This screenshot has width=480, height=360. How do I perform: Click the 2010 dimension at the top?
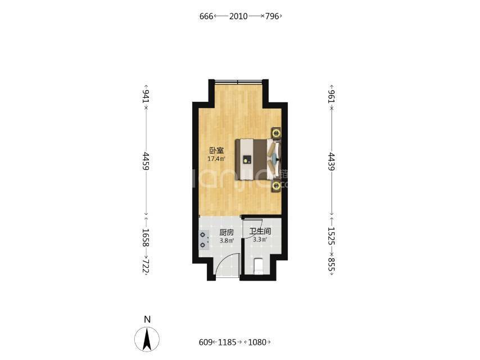(238, 16)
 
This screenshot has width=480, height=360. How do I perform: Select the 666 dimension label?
(206, 16)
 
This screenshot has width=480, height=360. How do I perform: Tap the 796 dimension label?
(272, 16)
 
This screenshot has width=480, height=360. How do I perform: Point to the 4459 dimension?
(146, 161)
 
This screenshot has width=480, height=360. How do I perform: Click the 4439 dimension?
(331, 161)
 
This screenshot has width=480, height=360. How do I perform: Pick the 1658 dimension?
(146, 238)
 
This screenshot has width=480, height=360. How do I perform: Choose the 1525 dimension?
(331, 236)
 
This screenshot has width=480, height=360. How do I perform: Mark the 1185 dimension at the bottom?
(227, 342)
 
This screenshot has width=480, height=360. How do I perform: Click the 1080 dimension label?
(257, 342)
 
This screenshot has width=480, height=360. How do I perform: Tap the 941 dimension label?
(146, 97)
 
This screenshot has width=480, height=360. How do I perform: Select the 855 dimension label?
(331, 264)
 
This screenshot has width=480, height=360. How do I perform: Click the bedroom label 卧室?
(216, 150)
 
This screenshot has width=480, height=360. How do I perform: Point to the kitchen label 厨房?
(227, 232)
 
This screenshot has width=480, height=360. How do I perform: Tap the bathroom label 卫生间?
(260, 231)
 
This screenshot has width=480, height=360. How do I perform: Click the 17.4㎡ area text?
(216, 159)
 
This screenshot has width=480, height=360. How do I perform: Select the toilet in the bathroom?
(259, 266)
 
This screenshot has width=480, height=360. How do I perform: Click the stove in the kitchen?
(203, 240)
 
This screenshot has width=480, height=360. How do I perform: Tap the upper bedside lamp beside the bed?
(277, 133)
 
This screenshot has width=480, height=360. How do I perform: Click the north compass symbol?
(147, 339)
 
